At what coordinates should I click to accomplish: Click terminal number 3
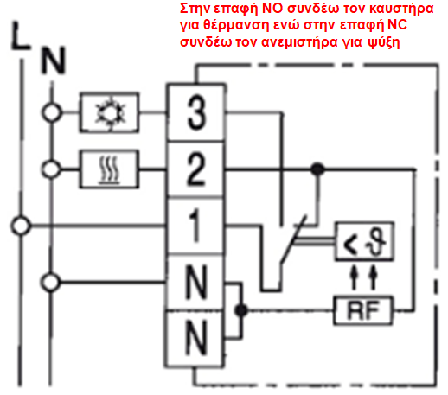(196, 112)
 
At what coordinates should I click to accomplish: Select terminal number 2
(196, 169)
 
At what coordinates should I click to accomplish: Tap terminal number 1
(196, 226)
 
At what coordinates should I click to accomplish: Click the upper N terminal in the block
(196, 283)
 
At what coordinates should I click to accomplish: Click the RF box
(363, 310)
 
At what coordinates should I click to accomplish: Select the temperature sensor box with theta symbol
(364, 241)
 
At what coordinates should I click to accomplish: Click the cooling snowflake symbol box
(109, 112)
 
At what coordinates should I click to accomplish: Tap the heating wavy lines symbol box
(109, 169)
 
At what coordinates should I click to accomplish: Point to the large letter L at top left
(20, 35)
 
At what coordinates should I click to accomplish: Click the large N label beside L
(54, 61)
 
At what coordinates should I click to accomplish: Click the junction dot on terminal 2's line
(317, 169)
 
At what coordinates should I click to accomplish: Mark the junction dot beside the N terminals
(241, 310)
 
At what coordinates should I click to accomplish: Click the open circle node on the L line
(21, 226)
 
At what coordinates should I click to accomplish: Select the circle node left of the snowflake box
(52, 112)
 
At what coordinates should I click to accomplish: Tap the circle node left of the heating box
(51, 169)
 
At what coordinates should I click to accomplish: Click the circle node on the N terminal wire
(51, 283)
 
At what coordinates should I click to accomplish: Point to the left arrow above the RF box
(354, 277)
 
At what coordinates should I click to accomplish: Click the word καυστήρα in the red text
(401, 10)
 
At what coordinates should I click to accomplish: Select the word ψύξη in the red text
(384, 42)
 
